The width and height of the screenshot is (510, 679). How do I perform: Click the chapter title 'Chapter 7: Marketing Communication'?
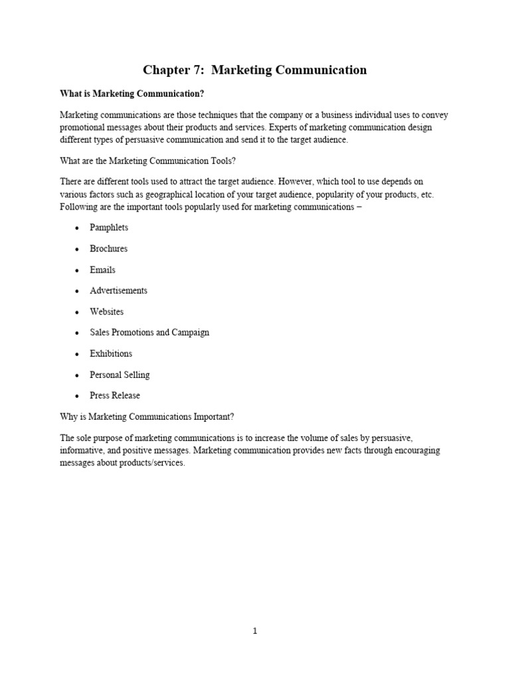(255, 70)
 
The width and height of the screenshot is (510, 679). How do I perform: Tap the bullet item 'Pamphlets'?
(109, 227)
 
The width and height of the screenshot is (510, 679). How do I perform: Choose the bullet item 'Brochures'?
(109, 249)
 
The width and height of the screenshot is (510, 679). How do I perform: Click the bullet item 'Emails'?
(103, 270)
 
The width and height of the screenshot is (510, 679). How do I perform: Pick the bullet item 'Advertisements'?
(119, 290)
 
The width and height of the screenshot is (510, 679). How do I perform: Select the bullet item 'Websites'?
(107, 312)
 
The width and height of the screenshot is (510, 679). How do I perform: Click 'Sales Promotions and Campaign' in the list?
(149, 332)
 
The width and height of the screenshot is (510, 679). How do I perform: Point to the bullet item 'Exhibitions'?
(111, 353)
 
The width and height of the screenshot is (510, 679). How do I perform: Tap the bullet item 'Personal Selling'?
(120, 375)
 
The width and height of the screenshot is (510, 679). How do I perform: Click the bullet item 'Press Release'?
(115, 395)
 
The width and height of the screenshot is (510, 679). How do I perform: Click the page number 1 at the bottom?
(255, 631)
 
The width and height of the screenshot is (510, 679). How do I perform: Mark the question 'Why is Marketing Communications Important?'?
(147, 416)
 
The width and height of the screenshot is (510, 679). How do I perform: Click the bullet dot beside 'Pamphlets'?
(76, 228)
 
